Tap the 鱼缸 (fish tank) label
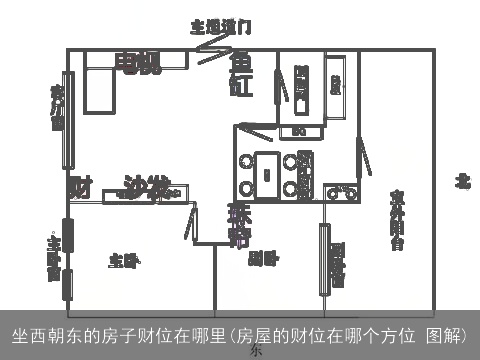pyautogui.click(x=242, y=75)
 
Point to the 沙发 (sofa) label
pyautogui.click(x=146, y=186)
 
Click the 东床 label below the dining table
pyautogui.click(x=240, y=225)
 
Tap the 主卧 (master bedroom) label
pyautogui.click(x=123, y=261)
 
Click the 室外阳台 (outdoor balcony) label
pyautogui.click(x=397, y=219)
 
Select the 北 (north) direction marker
pyautogui.click(x=462, y=181)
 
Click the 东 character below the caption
pyautogui.click(x=255, y=351)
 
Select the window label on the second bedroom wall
pyautogui.click(x=337, y=264)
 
